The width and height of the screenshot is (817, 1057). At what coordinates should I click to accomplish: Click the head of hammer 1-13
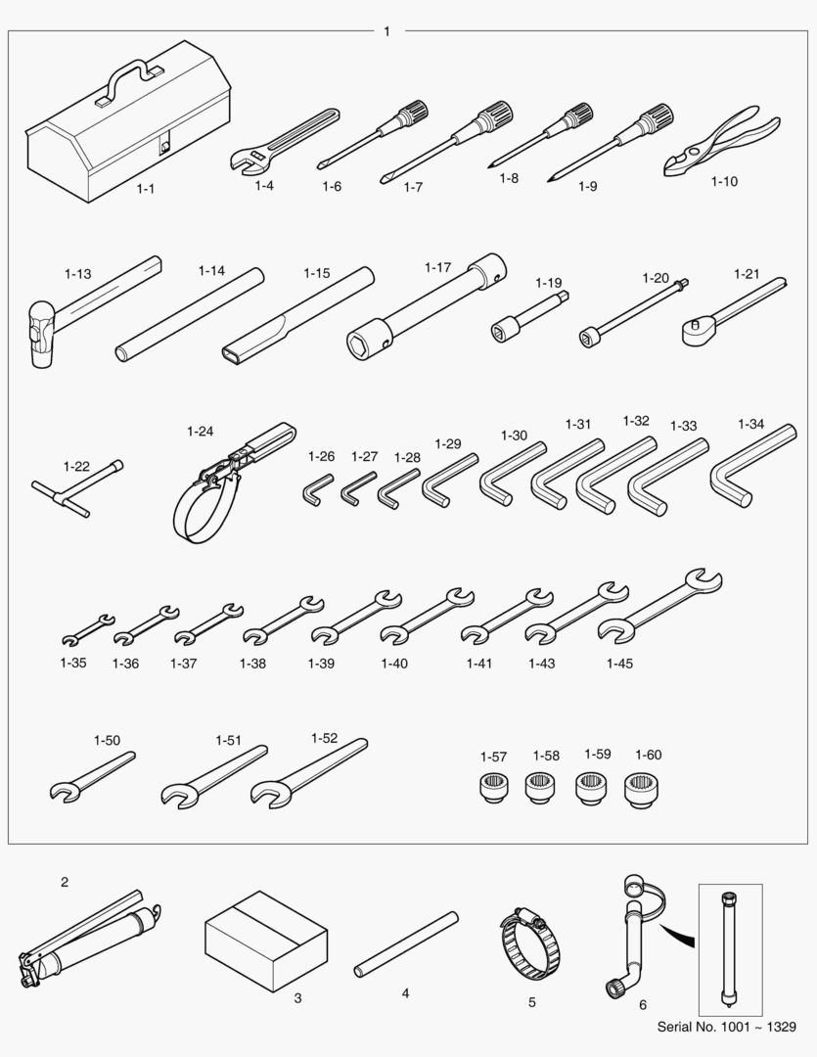point(42,335)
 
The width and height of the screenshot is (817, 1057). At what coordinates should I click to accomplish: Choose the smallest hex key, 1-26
point(315,489)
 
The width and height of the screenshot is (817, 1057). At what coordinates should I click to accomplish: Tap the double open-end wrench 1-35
point(88,630)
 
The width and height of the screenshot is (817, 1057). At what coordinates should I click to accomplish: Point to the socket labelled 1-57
point(493,787)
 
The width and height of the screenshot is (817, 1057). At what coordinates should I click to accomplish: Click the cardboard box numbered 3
point(266,942)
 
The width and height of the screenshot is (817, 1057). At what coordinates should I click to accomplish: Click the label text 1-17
point(437,267)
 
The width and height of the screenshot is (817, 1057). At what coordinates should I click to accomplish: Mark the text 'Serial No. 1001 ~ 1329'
point(726,1027)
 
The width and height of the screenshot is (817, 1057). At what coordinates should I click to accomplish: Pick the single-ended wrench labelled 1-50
point(92,776)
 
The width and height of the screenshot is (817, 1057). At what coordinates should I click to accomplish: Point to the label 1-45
point(619,664)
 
